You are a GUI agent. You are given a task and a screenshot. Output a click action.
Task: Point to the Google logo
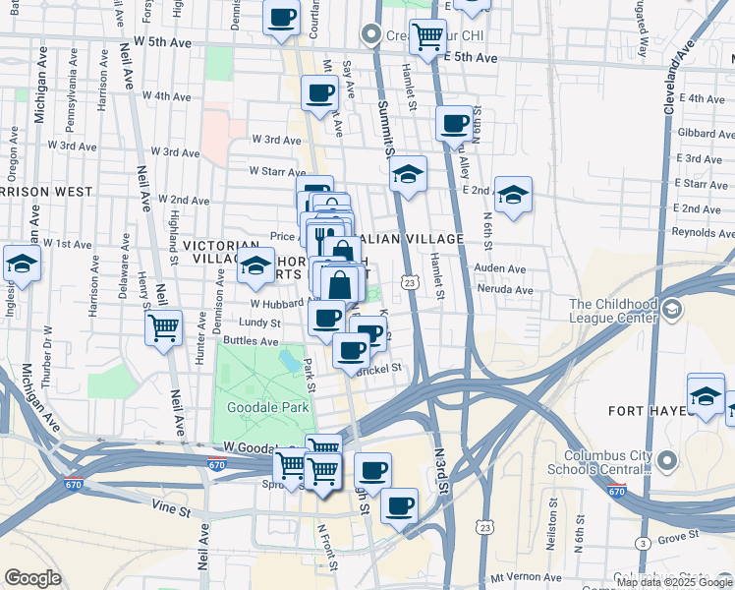point(32,578)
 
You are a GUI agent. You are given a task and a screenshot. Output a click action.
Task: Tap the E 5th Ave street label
point(471,58)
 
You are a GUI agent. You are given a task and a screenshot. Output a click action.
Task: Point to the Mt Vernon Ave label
point(523,578)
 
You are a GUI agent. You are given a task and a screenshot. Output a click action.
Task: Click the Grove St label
point(677,537)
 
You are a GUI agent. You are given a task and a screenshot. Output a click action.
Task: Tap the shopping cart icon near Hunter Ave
point(164,327)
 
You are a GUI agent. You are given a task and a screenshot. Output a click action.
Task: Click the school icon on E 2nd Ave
point(513,196)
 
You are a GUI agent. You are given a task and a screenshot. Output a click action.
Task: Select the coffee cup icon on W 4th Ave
point(319,93)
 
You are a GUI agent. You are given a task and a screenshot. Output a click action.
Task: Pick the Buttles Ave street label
point(251,340)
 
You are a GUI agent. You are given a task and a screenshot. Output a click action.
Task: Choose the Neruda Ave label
point(503,290)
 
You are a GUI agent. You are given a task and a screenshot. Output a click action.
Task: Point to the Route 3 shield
point(642,543)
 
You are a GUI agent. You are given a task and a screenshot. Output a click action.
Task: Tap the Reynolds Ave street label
point(704,232)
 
